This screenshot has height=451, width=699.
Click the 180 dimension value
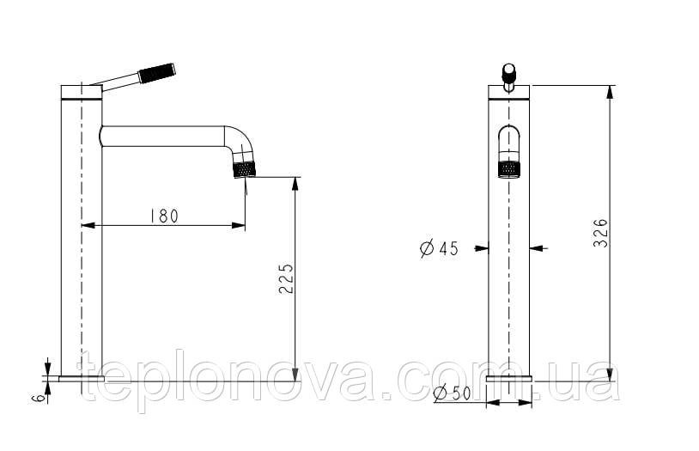164,216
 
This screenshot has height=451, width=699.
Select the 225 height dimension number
286,279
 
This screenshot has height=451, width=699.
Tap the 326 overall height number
600,233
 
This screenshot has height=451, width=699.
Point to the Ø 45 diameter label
439,248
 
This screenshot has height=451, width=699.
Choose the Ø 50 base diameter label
452,393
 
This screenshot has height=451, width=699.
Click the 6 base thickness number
40,398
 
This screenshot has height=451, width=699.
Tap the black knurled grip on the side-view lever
157,73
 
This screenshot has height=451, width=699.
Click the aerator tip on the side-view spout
246,170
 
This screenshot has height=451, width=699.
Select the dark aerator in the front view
509,169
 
